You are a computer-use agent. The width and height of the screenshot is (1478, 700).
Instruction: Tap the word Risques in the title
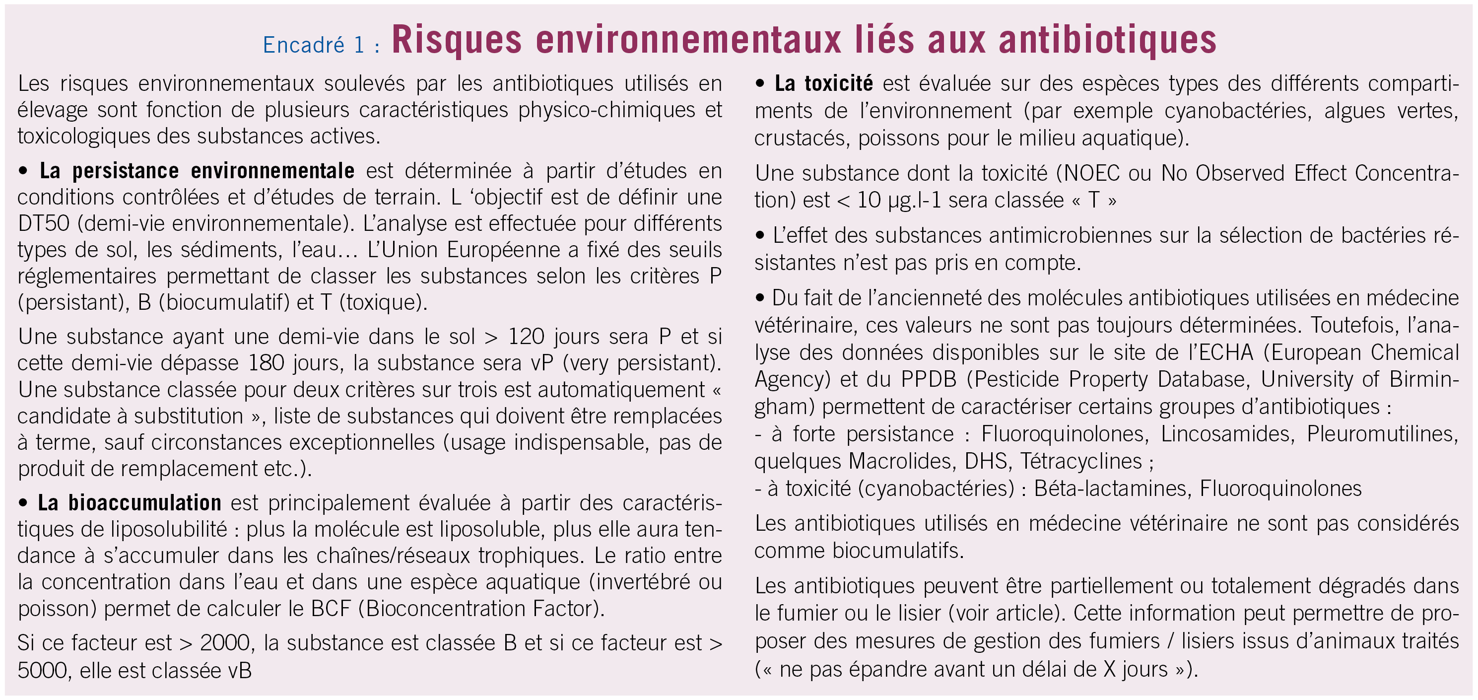(457, 40)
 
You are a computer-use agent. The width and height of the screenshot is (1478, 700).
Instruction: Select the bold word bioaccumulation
(144, 502)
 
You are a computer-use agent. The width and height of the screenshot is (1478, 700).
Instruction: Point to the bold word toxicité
(838, 84)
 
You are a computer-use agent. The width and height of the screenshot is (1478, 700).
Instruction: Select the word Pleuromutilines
(1382, 434)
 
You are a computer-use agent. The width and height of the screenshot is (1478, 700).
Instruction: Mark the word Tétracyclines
(1081, 462)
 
